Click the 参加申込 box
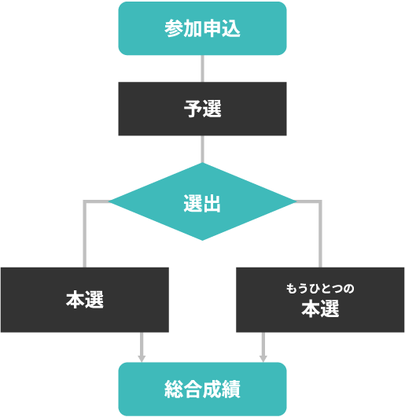[x=202, y=28]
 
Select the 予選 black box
[x=202, y=109]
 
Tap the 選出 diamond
[x=202, y=201]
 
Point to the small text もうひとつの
[x=320, y=289]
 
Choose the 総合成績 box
[x=202, y=389]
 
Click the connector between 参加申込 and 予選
[x=203, y=68]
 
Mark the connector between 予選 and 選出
[x=203, y=149]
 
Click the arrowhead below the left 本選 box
[x=142, y=359]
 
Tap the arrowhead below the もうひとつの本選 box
[x=263, y=359]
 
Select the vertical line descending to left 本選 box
[x=85, y=234]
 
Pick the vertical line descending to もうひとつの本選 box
[x=320, y=234]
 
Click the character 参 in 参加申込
[x=174, y=28]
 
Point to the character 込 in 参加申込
[x=231, y=28]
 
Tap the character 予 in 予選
[x=193, y=109]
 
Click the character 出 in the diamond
[x=212, y=204]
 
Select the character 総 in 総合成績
[x=174, y=389]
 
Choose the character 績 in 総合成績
[x=231, y=389]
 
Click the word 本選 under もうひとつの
[x=320, y=308]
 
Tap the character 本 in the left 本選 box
[x=75, y=300]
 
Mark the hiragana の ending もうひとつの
[x=349, y=289]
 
